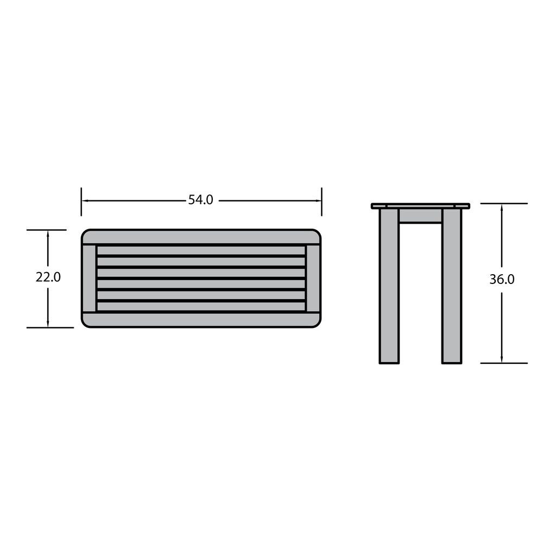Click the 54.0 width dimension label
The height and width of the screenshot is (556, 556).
point(201,200)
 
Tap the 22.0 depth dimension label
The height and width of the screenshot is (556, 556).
point(48,277)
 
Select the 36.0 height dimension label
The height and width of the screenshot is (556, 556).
point(502,280)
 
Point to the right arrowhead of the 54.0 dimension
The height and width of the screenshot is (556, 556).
point(318,201)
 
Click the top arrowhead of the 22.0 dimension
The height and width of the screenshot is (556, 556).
point(48,233)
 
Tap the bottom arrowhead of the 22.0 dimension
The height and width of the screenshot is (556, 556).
point(48,324)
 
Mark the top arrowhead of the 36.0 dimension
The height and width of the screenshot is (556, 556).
point(501,207)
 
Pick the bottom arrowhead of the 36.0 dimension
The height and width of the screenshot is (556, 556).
point(501,359)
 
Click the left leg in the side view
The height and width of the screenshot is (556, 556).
point(389,286)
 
